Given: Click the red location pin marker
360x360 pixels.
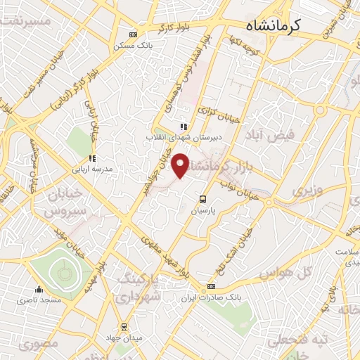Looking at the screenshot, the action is point(181,165).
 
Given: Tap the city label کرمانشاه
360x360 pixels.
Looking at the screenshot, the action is point(274,25).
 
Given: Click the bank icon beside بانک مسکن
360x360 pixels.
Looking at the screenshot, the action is point(134,34).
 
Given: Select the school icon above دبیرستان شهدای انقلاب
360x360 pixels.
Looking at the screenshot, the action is point(184,127).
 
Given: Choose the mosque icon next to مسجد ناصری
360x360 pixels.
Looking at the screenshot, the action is point(39,289).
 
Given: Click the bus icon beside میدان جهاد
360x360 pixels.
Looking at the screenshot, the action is point(124,326).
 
